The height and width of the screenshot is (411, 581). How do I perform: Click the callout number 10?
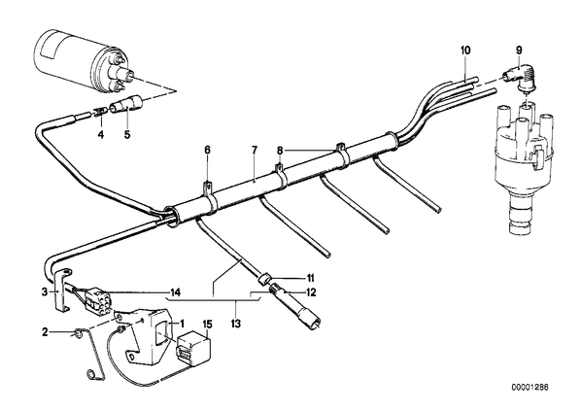click(465, 50)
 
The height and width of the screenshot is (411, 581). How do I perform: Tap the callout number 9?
click(519, 50)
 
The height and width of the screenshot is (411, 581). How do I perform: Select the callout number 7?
click(255, 151)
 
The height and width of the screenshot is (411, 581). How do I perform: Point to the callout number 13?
click(236, 324)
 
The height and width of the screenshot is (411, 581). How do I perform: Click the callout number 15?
click(208, 325)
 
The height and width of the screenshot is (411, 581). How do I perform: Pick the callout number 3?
click(45, 292)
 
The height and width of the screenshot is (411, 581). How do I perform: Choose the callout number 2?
click(45, 332)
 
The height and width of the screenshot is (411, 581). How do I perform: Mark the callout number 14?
click(175, 292)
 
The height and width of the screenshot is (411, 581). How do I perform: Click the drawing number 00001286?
click(530, 388)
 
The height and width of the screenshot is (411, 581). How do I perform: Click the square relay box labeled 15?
click(193, 349)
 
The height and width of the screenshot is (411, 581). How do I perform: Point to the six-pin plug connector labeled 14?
click(94, 301)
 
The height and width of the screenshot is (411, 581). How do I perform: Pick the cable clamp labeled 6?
click(209, 189)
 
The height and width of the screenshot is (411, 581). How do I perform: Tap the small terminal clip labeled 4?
click(100, 111)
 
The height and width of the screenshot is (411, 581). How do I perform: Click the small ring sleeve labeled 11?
click(265, 279)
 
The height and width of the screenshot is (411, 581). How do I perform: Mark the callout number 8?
click(280, 151)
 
